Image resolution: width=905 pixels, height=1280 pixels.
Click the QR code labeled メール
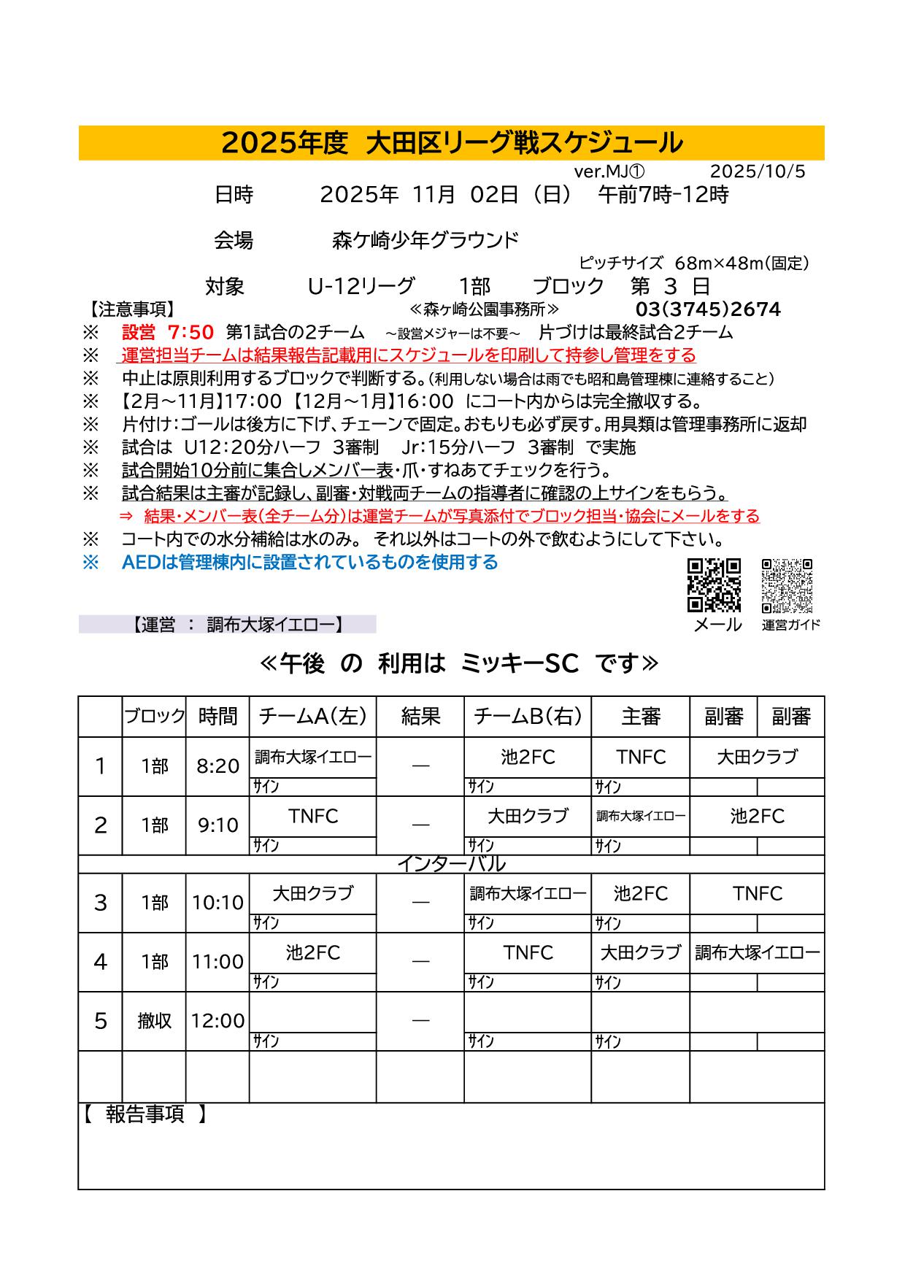click(714, 585)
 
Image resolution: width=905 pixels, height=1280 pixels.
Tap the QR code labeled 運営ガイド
click(787, 585)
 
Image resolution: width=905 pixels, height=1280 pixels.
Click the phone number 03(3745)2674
click(708, 309)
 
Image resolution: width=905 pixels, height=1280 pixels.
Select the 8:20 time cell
click(217, 766)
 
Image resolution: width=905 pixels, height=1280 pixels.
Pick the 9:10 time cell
click(217, 825)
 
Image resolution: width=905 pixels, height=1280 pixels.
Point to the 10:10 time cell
click(217, 903)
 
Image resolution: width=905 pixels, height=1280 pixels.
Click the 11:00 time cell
click(217, 962)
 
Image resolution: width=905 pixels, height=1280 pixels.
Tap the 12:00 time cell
click(217, 1021)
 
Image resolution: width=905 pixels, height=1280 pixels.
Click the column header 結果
click(420, 717)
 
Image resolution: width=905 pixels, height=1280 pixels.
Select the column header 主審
click(640, 717)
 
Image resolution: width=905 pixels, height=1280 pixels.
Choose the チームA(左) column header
click(312, 717)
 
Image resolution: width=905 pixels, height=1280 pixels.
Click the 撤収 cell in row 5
click(154, 1021)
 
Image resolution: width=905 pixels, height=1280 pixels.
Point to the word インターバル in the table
click(451, 865)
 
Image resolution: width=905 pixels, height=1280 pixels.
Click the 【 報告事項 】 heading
click(145, 1114)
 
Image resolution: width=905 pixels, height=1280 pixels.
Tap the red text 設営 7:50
click(168, 333)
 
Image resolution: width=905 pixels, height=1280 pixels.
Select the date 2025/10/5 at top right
click(758, 171)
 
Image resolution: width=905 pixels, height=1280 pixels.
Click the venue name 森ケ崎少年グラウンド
click(425, 240)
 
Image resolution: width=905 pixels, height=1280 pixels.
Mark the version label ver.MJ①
click(609, 171)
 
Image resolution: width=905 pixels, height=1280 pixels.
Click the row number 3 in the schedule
click(101, 903)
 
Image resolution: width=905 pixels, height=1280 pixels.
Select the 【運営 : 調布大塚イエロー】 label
click(237, 625)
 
